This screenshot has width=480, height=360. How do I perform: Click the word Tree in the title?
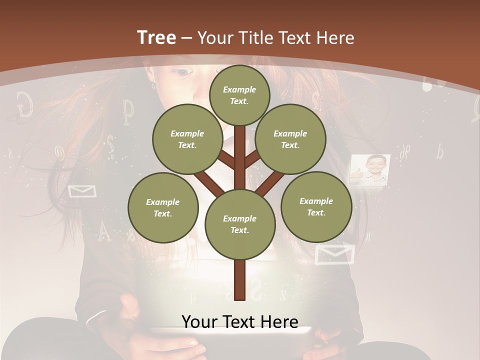(156, 38)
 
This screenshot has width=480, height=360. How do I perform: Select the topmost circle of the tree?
(239, 95)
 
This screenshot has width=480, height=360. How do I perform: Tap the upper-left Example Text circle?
(187, 139)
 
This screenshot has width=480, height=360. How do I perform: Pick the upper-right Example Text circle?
(290, 139)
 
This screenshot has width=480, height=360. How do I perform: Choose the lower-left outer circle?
(163, 207)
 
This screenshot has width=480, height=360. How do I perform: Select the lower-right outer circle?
(316, 206)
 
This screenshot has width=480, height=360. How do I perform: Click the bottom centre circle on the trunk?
(239, 224)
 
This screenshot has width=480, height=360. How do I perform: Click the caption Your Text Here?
(239, 322)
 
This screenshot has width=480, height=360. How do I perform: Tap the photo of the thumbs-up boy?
(369, 170)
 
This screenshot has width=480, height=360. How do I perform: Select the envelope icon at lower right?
(334, 253)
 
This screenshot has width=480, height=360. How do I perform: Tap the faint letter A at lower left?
(103, 231)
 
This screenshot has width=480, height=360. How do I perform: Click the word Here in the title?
(335, 38)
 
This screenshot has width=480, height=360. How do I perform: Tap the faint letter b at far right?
(439, 151)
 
